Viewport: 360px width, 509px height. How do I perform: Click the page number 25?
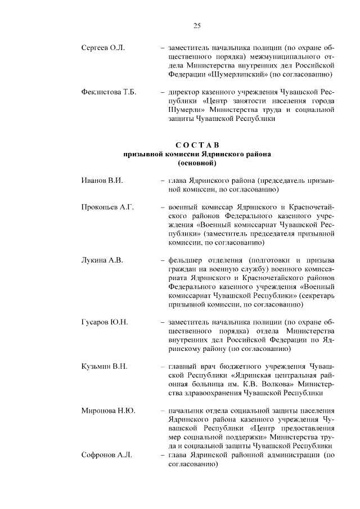click(197, 25)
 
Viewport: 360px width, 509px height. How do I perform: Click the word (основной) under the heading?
click(197, 163)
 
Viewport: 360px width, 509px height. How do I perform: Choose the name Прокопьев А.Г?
click(107, 208)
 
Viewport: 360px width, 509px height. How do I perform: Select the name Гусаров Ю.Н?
click(105, 322)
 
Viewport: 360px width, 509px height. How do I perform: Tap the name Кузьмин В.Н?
click(105, 367)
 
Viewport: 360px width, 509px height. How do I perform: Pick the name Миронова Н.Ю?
click(108, 411)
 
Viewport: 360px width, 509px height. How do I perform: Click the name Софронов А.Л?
click(106, 456)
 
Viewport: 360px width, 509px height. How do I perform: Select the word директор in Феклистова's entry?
click(186, 92)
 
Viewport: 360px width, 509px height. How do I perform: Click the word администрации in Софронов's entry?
click(291, 456)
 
